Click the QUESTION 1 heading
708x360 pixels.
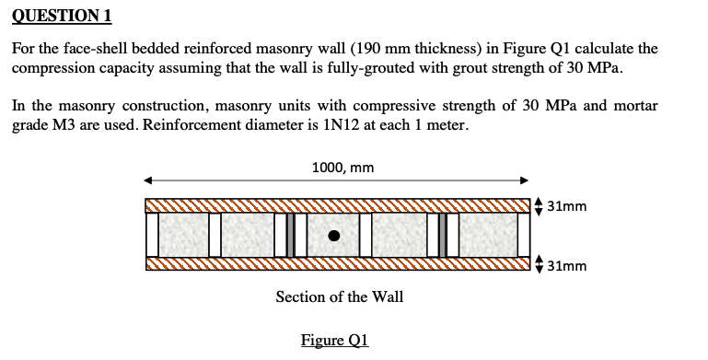(x=62, y=15)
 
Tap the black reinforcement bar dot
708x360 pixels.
(x=336, y=236)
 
